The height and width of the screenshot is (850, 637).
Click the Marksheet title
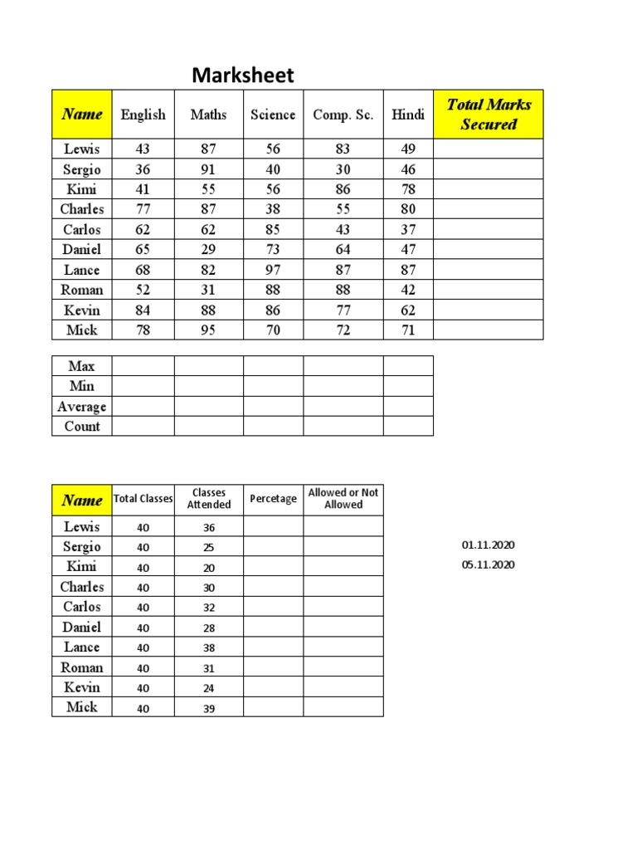click(x=243, y=76)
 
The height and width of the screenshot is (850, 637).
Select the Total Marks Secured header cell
click(x=489, y=115)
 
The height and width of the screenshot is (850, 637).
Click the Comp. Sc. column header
click(x=343, y=115)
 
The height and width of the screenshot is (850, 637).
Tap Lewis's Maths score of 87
click(x=208, y=149)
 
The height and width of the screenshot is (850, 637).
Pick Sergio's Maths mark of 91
click(x=208, y=169)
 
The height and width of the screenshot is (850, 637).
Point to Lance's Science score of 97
click(x=273, y=270)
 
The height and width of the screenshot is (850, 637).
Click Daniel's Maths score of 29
click(x=208, y=249)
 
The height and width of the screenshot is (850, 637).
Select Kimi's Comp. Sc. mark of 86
click(x=343, y=189)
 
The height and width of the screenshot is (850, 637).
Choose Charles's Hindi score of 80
click(x=408, y=209)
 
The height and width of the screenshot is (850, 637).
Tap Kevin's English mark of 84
click(x=143, y=310)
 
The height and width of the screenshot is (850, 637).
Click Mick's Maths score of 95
click(x=208, y=330)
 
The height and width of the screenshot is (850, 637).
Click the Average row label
click(x=81, y=407)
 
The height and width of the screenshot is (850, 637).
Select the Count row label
click(x=81, y=427)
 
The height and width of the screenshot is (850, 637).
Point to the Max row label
click(x=81, y=366)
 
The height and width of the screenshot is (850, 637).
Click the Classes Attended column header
click(x=208, y=499)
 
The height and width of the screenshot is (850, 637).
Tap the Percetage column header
click(x=273, y=499)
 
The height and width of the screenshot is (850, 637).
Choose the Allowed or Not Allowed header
click(x=343, y=499)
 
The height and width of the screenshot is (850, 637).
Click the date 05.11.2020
click(x=489, y=564)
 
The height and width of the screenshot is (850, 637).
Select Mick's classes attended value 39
click(x=208, y=707)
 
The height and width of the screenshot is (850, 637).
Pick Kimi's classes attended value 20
click(x=208, y=567)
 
